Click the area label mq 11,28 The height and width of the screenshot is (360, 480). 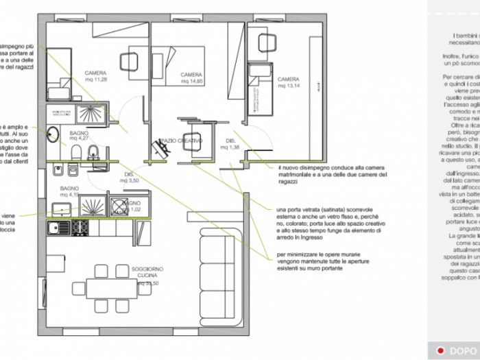pos(95,80)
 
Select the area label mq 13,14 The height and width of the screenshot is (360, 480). pos(289,86)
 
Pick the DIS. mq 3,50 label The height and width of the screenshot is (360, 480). pos(130,177)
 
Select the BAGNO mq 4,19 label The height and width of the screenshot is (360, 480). pos(70,191)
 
